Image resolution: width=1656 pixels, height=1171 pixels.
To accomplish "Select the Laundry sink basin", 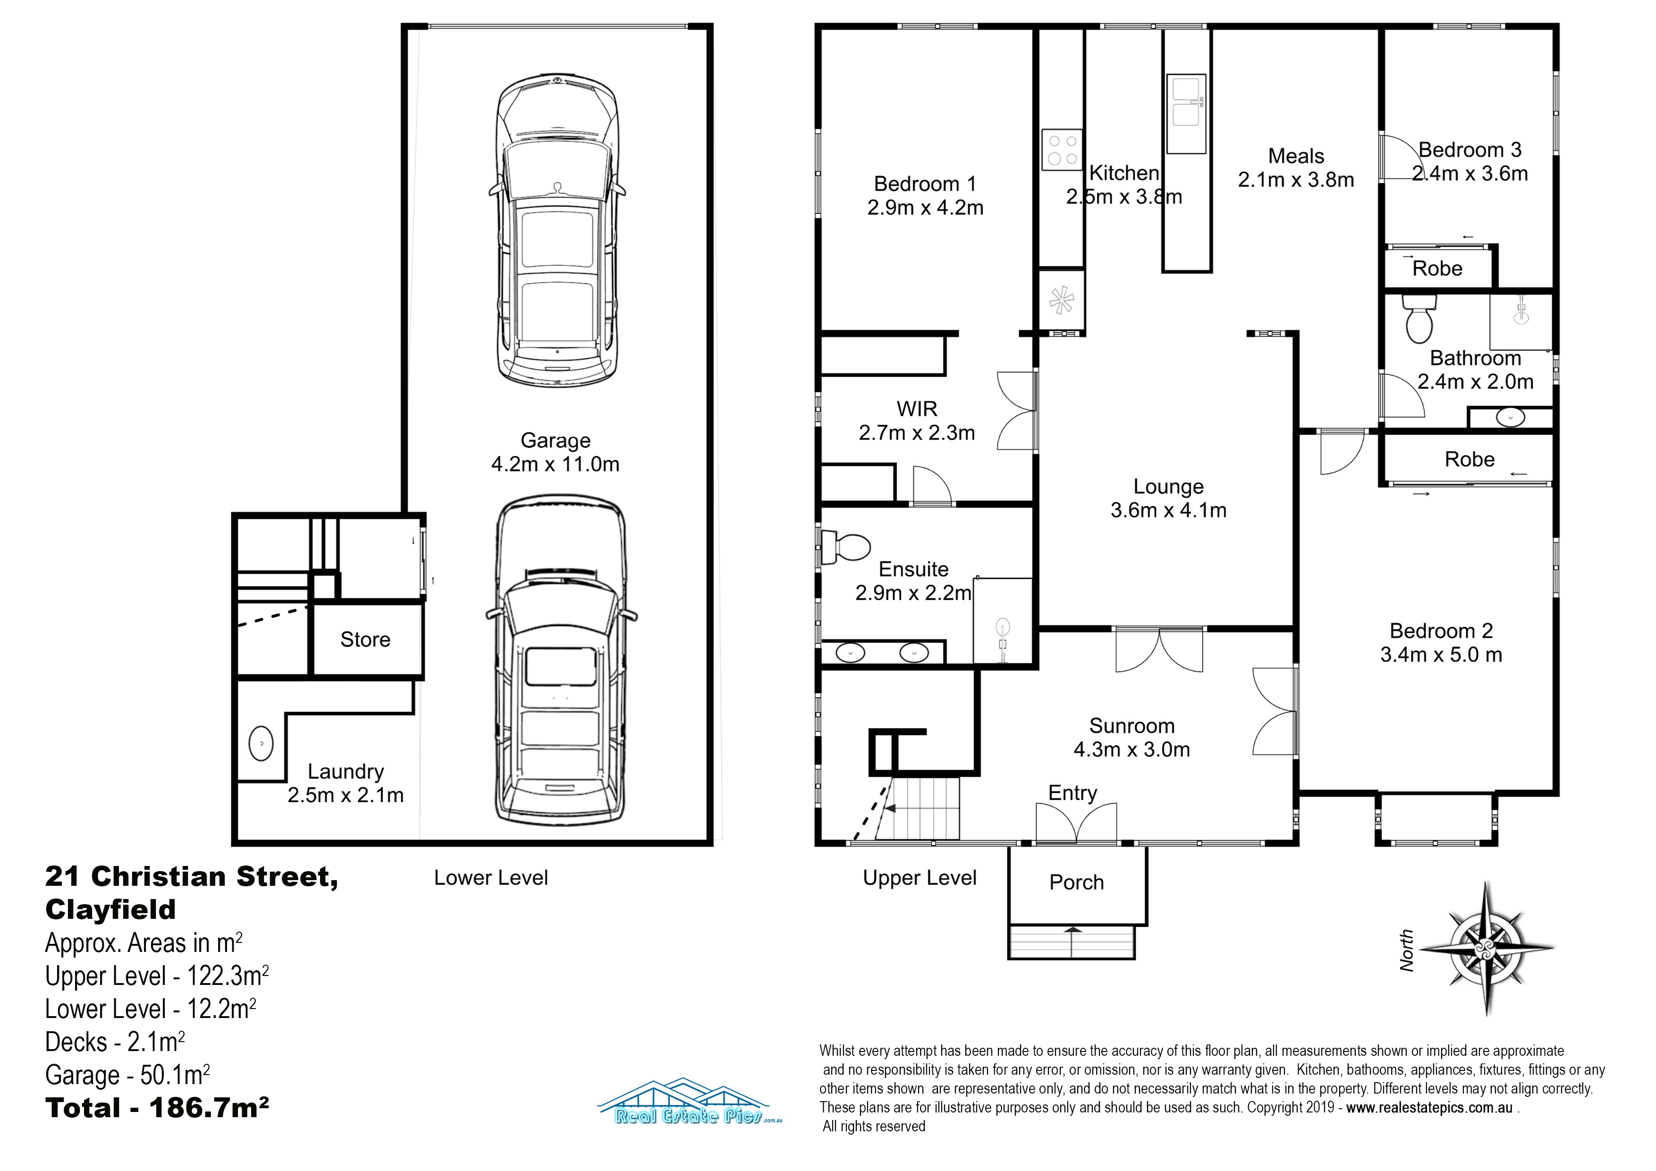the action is click(x=261, y=744).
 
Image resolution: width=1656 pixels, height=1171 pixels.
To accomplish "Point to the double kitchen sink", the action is click(x=1186, y=113).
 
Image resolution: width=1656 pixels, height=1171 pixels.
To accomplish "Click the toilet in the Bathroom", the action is click(x=1419, y=320).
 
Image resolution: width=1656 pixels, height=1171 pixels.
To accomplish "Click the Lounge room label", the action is click(x=1168, y=486).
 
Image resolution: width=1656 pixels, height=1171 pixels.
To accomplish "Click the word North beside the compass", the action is click(x=1406, y=950).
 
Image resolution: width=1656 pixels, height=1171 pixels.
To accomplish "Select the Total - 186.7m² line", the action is click(x=157, y=1108).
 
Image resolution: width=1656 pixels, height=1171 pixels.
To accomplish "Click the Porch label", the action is click(x=1076, y=882).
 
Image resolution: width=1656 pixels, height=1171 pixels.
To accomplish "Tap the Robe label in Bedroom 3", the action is click(x=1437, y=268).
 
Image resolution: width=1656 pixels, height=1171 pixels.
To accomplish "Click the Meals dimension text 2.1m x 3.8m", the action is click(x=1296, y=179).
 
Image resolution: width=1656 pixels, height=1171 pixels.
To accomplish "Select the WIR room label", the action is click(x=917, y=409).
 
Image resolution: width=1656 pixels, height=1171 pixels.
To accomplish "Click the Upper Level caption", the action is click(x=920, y=878).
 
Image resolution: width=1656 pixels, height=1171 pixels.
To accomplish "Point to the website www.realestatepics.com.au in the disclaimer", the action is click(x=1429, y=1108).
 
